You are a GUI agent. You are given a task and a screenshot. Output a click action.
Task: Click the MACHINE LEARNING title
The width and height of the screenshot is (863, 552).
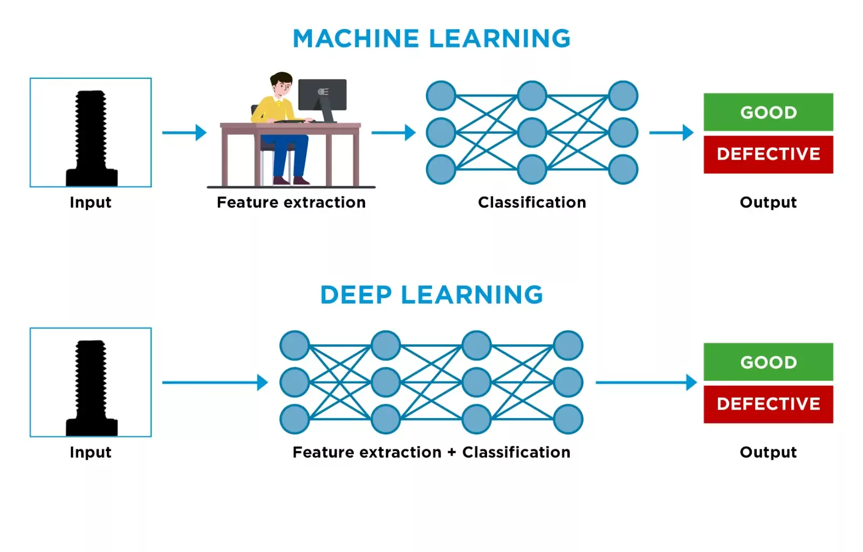pos(432,39)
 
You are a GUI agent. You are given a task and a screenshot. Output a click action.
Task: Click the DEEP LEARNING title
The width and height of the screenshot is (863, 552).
pos(432,295)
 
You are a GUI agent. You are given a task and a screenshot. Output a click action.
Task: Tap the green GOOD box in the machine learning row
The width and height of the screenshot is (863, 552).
pos(768,112)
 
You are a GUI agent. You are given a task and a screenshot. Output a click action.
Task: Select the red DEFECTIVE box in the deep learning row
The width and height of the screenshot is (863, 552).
pos(768,404)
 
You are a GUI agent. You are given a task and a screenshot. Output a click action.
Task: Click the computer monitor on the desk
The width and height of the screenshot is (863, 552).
pos(322,95)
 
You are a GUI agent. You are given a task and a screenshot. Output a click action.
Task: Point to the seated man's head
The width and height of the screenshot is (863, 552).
pos(281,84)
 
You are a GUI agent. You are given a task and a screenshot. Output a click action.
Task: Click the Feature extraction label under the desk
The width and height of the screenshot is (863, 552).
pos(291,202)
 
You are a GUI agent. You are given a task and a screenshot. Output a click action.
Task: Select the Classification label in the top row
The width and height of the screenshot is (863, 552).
pos(532,202)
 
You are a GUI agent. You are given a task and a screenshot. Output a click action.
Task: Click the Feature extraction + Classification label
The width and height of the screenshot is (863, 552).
pos(432,452)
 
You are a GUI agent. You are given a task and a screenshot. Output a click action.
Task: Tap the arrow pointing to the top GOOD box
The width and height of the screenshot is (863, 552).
pos(671,132)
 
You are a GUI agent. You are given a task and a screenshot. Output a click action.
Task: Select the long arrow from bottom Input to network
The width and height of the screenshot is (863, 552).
pos(215,383)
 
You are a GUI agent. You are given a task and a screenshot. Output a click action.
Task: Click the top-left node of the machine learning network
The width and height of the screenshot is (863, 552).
pos(441,96)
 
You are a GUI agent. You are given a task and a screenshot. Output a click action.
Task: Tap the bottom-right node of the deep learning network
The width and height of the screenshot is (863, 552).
pos(568,419)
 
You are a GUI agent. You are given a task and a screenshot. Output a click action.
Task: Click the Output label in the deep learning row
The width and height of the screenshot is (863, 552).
pos(768,452)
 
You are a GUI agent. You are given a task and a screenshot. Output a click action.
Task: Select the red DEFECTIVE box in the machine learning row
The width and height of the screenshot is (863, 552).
pos(768,154)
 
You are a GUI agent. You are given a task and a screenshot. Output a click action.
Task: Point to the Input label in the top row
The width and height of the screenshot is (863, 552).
pos(91,202)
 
